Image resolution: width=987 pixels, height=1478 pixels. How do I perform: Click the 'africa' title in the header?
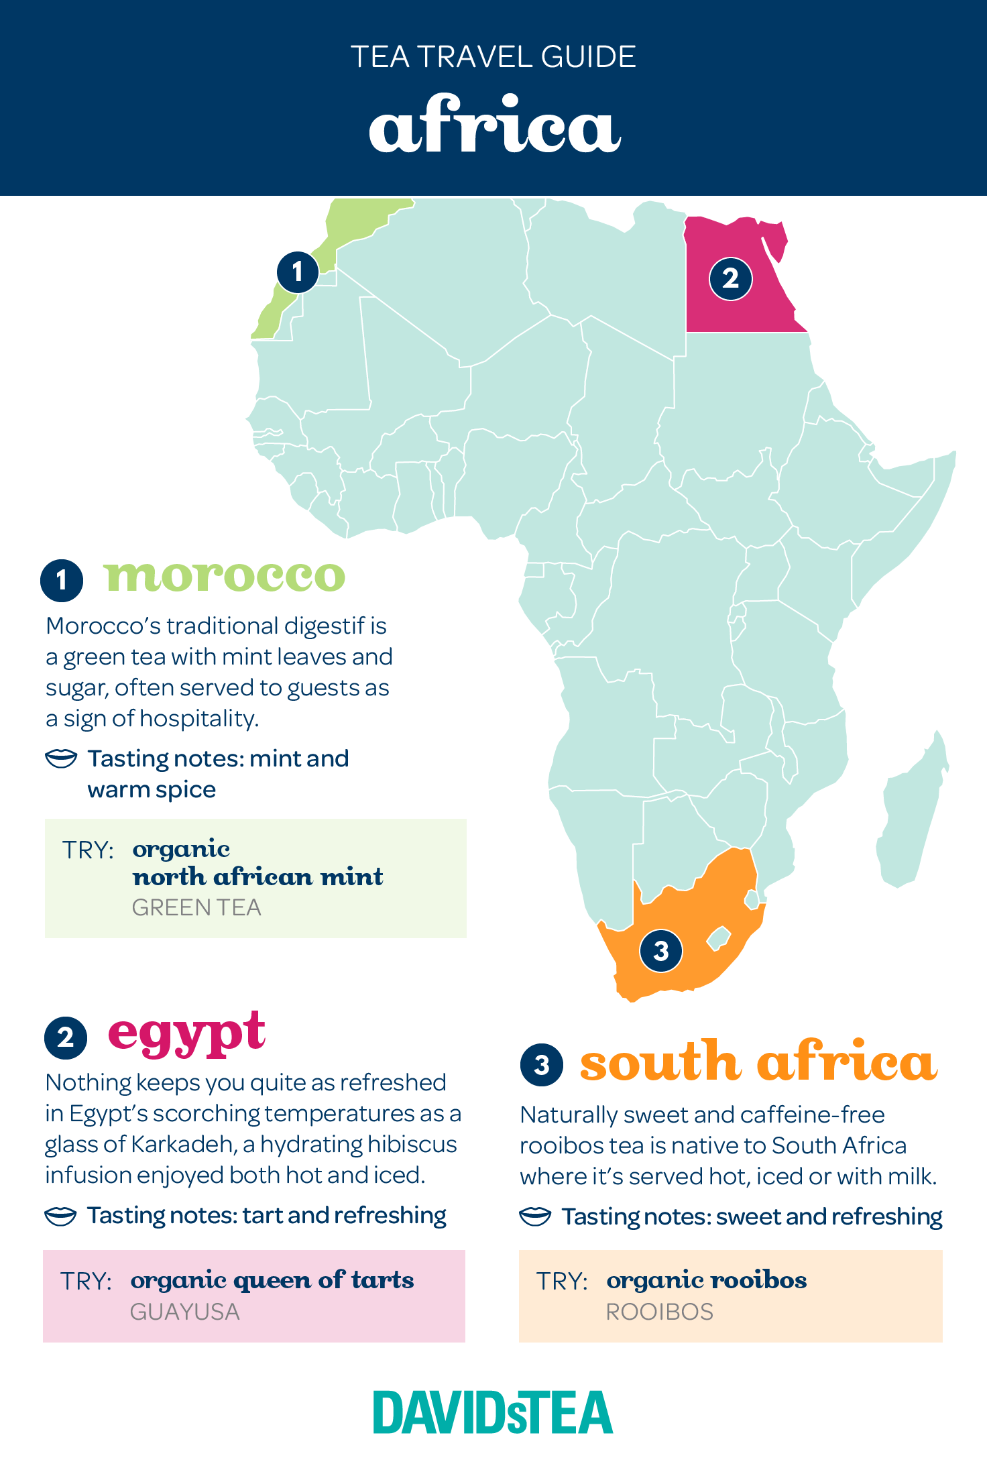[x=494, y=125]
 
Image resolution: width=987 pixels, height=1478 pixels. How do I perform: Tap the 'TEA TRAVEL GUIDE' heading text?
[x=493, y=57]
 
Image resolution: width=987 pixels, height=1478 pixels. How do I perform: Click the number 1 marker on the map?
[x=298, y=272]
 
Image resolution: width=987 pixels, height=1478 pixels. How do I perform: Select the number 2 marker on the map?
[x=730, y=278]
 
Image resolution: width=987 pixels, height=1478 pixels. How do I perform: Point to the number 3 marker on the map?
[x=661, y=950]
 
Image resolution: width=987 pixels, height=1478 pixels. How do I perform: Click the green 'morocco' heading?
[x=225, y=576]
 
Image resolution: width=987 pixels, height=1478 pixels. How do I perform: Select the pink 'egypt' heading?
[x=187, y=1033]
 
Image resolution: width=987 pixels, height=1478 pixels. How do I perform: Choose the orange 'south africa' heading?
[x=758, y=1062]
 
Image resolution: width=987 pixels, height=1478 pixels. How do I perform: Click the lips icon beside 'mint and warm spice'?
[x=61, y=758]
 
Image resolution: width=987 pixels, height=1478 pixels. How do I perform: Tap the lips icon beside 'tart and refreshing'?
[x=60, y=1216]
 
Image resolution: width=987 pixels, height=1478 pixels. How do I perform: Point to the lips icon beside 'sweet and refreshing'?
[x=535, y=1216]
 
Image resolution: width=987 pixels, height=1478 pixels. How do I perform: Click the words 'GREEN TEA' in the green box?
[x=196, y=907]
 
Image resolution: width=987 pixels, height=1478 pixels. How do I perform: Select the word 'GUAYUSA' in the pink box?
[x=185, y=1312]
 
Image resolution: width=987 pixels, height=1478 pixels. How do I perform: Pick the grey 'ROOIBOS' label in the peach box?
[x=660, y=1312]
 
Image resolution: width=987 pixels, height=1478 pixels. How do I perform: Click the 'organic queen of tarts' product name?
[x=272, y=1280]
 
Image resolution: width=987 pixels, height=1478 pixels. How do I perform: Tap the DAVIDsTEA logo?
[x=493, y=1413]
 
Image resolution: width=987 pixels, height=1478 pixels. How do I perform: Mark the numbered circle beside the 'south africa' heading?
[x=542, y=1064]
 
